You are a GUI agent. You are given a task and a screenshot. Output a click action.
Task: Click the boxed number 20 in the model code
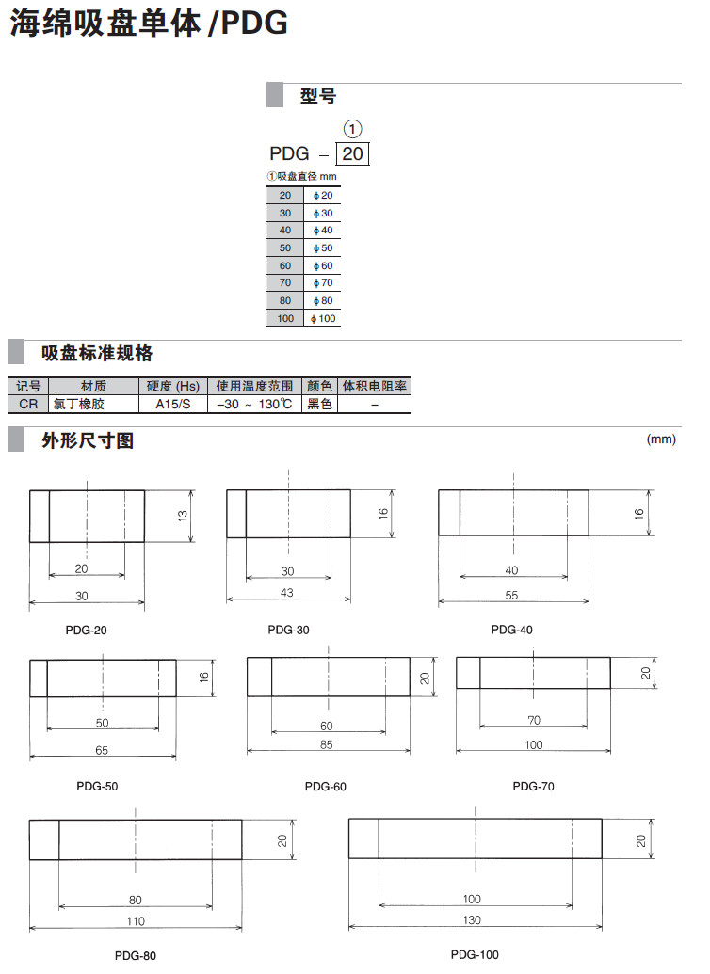(x=351, y=154)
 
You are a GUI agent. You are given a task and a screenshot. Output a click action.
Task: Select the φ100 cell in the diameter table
(x=324, y=318)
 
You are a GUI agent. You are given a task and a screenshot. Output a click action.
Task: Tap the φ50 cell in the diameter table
(x=324, y=247)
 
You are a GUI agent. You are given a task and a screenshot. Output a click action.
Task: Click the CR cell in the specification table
(x=28, y=404)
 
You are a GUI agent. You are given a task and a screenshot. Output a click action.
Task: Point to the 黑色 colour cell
(x=319, y=404)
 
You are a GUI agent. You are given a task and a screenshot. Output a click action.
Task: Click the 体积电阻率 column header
(x=375, y=386)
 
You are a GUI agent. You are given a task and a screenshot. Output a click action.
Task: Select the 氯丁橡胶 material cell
(x=81, y=404)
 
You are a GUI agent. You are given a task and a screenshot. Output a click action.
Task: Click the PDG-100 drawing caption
(x=475, y=954)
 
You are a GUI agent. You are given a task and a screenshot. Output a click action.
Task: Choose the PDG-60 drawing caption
(x=326, y=786)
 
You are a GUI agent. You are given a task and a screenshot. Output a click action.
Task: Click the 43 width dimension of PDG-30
(x=287, y=591)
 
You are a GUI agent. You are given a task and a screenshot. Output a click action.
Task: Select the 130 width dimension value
(x=473, y=919)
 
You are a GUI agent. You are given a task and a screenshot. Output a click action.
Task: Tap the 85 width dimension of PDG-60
(x=327, y=743)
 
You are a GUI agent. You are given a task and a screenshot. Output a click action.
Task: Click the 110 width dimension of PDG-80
(x=136, y=920)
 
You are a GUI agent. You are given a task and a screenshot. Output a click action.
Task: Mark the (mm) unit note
(x=662, y=439)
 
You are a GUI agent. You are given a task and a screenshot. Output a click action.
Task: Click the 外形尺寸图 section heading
(x=88, y=439)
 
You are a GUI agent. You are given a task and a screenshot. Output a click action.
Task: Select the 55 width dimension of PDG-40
(x=512, y=596)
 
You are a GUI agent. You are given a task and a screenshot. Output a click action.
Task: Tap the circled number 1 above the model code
(x=352, y=129)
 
